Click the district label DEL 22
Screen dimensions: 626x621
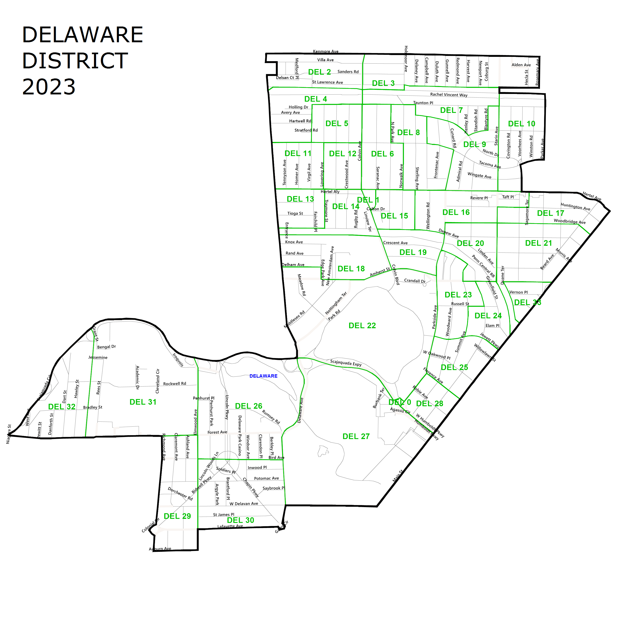point(362,326)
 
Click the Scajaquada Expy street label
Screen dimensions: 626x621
point(346,363)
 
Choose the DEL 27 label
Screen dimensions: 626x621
point(356,437)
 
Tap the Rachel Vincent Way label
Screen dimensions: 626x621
point(448,95)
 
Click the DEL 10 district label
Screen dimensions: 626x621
point(521,124)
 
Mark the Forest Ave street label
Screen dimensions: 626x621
point(217,432)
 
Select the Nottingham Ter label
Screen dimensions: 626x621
point(336,303)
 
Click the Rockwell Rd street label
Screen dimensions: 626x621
point(175,384)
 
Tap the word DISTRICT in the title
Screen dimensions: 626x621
point(75,61)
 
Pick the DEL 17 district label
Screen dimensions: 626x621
point(550,213)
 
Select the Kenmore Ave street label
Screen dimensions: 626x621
point(326,51)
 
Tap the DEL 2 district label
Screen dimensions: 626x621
point(319,72)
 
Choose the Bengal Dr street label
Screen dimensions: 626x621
point(106,347)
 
